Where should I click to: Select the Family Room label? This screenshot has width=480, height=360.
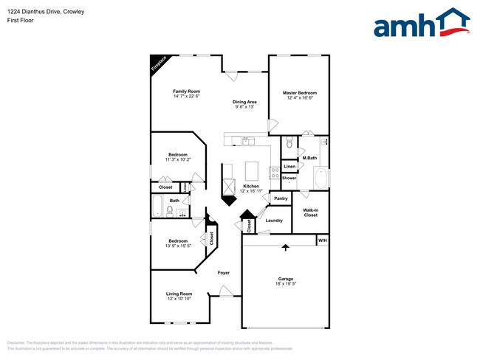[186, 91]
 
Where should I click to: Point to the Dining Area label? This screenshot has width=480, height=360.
[244, 102]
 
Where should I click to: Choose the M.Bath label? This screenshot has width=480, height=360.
[309, 159]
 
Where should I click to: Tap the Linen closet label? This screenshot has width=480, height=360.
[289, 167]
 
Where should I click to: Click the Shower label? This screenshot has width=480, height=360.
[289, 178]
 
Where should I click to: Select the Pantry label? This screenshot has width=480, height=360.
[281, 198]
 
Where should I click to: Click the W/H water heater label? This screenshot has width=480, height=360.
[322, 240]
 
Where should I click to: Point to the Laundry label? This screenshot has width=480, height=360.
[275, 221]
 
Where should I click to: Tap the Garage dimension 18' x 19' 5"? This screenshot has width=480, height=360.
[285, 284]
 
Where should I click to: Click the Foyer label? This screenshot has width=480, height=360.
[223, 273]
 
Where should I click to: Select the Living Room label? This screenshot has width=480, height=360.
[179, 294]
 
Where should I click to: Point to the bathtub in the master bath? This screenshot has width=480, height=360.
[321, 179]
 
